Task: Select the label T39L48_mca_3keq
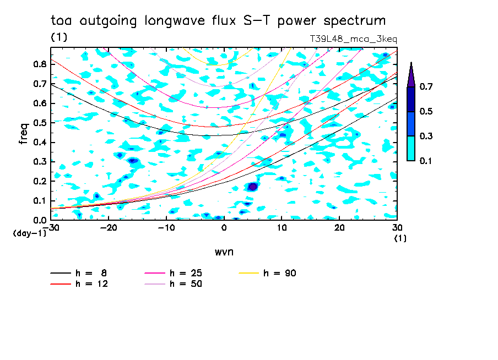[353, 39]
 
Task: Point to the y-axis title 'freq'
[24, 133]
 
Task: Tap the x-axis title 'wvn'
[224, 252]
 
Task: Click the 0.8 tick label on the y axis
[40, 64]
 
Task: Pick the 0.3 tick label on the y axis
[40, 162]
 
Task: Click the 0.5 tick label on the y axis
[40, 123]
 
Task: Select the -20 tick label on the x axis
[109, 228]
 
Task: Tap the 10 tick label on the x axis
[282, 228]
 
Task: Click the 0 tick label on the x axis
[224, 228]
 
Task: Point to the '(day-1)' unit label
[30, 233]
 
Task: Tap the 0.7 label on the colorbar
[426, 86]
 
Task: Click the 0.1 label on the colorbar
[426, 161]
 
